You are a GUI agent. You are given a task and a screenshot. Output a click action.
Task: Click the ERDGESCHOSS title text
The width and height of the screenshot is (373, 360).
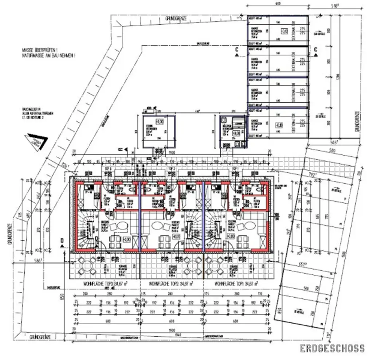[332, 348]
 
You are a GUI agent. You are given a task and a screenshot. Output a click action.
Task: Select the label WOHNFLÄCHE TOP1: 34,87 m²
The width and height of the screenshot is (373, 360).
[236, 283]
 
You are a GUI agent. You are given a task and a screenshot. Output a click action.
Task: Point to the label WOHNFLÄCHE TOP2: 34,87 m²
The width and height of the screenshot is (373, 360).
[171, 283]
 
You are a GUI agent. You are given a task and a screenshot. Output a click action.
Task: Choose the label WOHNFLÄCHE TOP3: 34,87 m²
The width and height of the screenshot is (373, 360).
[102, 283]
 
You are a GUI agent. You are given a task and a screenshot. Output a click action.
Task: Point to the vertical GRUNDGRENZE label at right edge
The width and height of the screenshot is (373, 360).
[358, 122]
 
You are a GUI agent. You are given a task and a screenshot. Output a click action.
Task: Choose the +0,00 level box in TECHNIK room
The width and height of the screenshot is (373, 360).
[159, 121]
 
